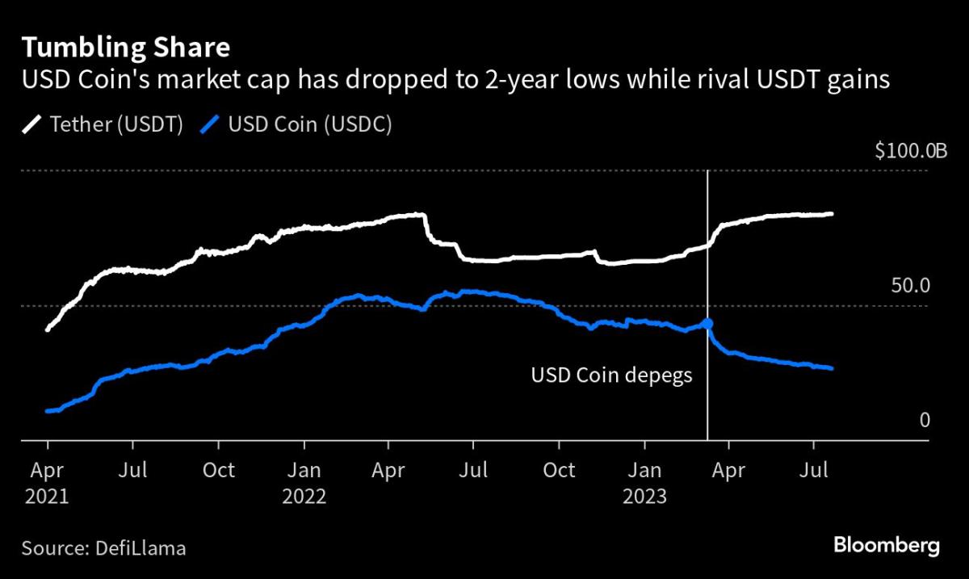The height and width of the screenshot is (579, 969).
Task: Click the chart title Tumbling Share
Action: [x=125, y=48]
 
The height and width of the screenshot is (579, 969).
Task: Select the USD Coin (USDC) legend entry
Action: [x=299, y=125]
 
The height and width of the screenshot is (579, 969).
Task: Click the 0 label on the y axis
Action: [x=925, y=420]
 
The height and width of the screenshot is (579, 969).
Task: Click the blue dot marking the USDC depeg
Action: [x=707, y=324]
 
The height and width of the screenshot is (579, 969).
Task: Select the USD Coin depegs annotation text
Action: [x=611, y=376]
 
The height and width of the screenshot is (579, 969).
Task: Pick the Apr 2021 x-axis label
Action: [x=47, y=481]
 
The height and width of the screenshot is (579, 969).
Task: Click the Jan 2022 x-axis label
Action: [x=304, y=481]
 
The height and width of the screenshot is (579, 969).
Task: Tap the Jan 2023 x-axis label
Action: [x=644, y=481]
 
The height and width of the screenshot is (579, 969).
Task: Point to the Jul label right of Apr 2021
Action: [x=133, y=470]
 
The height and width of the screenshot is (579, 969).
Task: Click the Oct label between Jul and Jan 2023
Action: [x=559, y=470]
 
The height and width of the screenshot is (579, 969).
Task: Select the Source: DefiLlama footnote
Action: [x=104, y=548]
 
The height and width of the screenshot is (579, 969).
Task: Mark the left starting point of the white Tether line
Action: [x=48, y=329]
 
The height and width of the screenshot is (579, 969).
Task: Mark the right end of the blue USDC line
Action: [x=831, y=368]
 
